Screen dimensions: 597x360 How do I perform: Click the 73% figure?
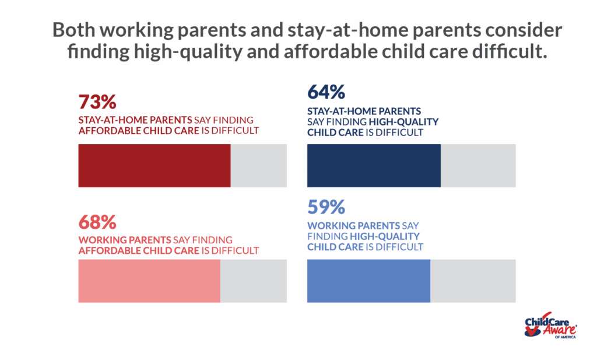pyautogui.click(x=97, y=102)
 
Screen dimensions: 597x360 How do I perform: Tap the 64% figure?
pyautogui.click(x=326, y=92)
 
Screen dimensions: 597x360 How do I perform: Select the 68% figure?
pyautogui.click(x=97, y=222)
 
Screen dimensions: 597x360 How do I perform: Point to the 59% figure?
pyautogui.click(x=326, y=207)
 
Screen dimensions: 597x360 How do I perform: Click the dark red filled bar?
pyautogui.click(x=154, y=166)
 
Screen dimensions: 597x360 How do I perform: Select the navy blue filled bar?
pyautogui.click(x=374, y=166)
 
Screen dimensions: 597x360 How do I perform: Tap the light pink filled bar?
pyautogui.click(x=149, y=281)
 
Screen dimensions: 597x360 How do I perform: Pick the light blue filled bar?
pyautogui.click(x=368, y=281)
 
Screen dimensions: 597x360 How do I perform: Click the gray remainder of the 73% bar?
pyautogui.click(x=259, y=166)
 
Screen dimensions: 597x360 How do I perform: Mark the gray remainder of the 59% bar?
pyautogui.click(x=473, y=281)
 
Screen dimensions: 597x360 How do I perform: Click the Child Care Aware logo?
pyautogui.click(x=550, y=325)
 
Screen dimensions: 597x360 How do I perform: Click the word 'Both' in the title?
pyautogui.click(x=74, y=30)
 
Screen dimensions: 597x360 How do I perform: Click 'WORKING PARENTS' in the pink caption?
pyautogui.click(x=125, y=240)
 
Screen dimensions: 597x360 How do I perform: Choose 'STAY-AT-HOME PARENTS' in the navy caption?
pyautogui.click(x=364, y=111)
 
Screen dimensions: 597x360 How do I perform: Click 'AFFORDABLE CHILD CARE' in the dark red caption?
pyautogui.click(x=139, y=131)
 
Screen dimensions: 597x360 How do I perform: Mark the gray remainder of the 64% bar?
pyautogui.click(x=478, y=166)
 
